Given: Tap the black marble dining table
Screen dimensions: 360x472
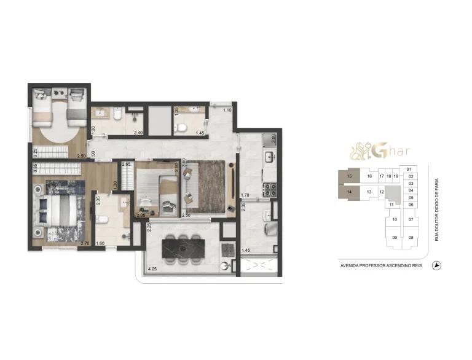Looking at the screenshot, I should click(x=184, y=249).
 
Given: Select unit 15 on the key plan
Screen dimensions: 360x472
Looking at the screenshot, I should click(x=348, y=176).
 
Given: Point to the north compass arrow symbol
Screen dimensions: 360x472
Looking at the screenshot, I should click(x=438, y=265).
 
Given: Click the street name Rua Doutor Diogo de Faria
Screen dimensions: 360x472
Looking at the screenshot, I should click(x=437, y=206).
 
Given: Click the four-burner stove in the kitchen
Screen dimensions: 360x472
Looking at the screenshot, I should click(x=269, y=186).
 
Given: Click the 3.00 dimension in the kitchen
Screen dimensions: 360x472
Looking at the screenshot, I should click(x=274, y=138).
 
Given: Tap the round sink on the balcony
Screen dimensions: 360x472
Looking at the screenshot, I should click(x=227, y=267).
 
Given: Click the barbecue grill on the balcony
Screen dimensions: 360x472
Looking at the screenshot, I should click(x=227, y=249).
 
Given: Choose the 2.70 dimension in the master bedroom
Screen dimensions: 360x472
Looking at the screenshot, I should click(x=85, y=244).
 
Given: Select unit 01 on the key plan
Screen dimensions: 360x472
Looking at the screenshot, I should click(x=409, y=169).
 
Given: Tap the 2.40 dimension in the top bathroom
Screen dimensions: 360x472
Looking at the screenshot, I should click(x=139, y=132).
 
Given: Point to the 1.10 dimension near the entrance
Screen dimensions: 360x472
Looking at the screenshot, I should click(x=227, y=110).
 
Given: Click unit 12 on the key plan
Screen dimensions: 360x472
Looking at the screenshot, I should click(x=382, y=192).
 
